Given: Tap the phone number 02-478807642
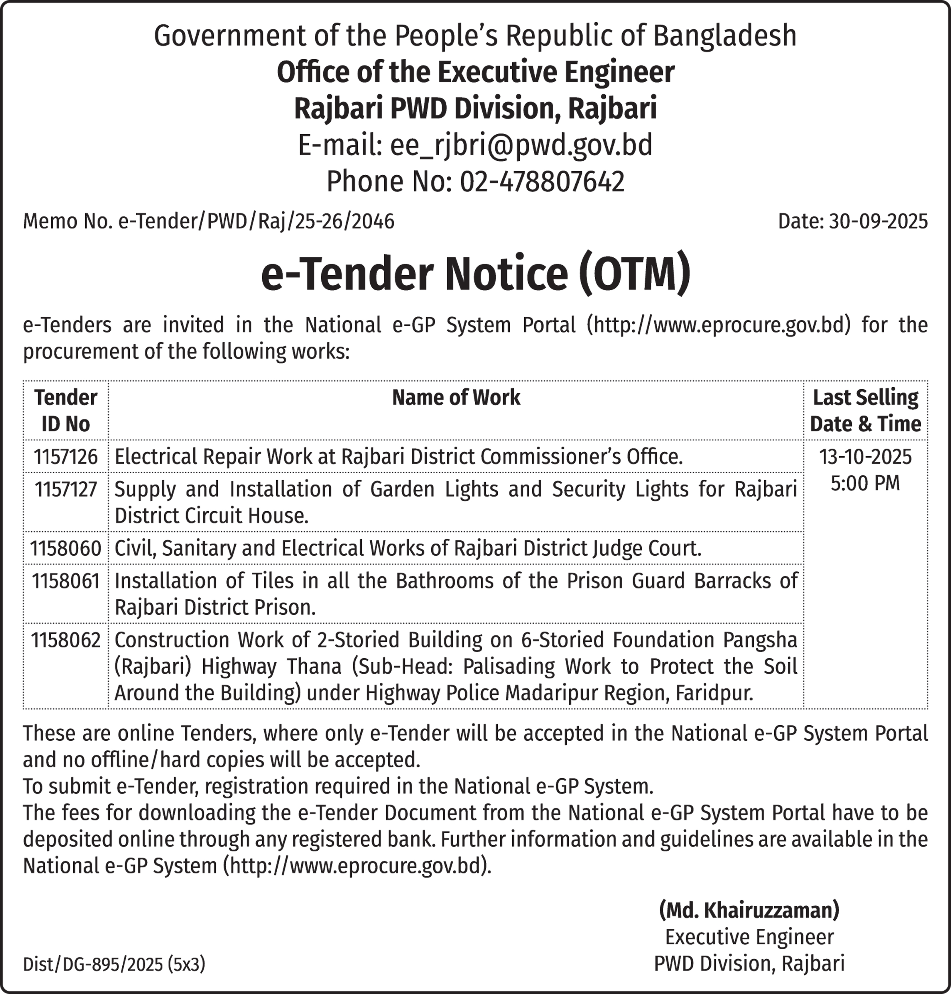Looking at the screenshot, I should click(541, 182).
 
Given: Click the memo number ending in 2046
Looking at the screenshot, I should click(256, 221).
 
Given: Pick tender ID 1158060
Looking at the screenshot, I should click(65, 549).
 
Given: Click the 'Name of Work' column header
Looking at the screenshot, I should click(456, 398).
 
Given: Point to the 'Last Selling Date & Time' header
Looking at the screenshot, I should click(865, 411).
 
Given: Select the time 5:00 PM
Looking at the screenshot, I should click(865, 483).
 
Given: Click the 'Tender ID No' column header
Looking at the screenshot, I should click(65, 411).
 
